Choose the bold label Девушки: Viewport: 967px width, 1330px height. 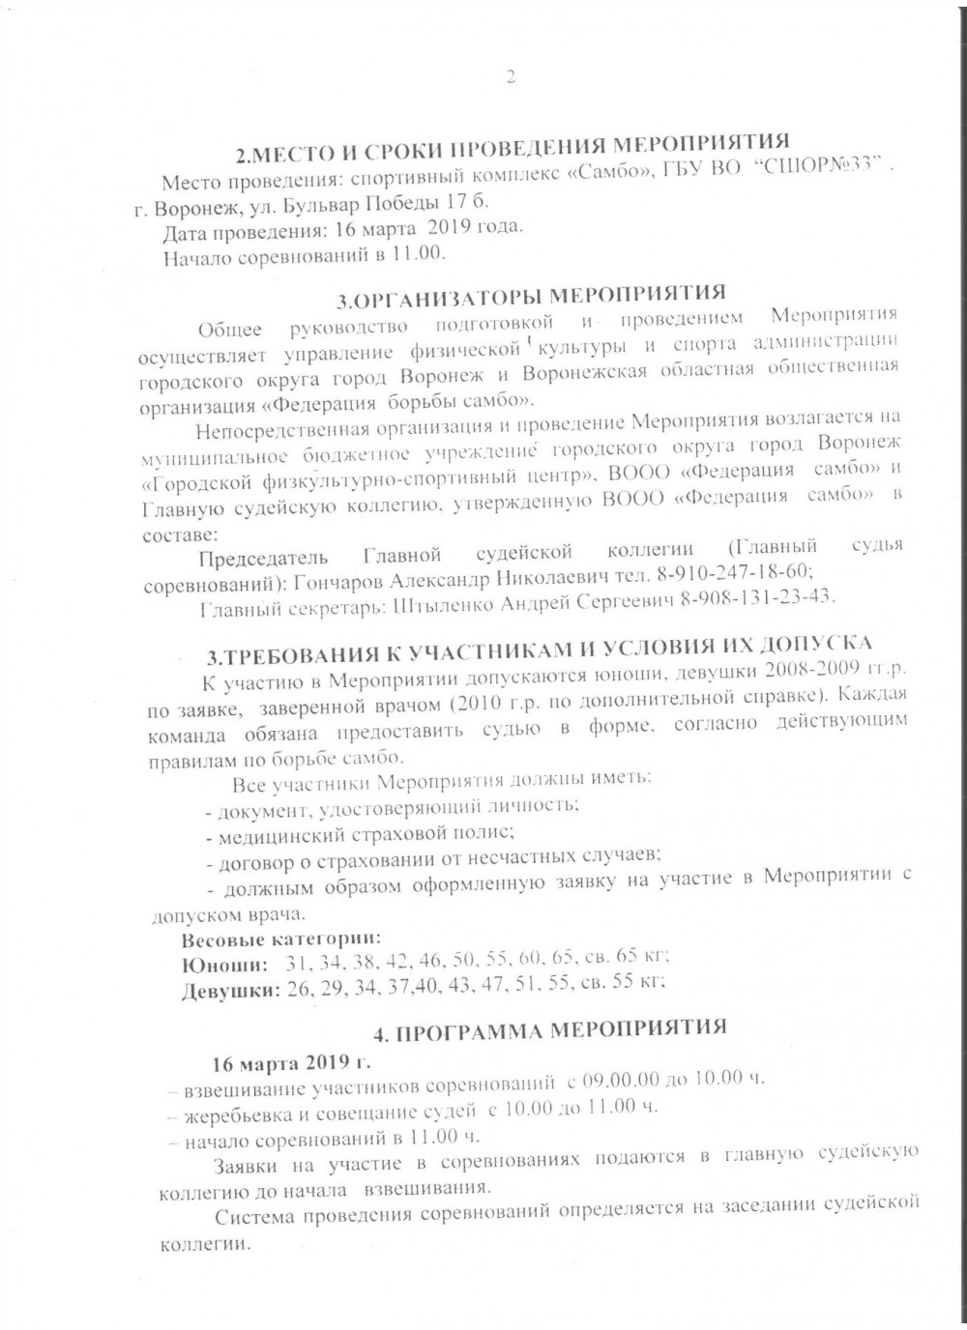(x=231, y=989)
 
